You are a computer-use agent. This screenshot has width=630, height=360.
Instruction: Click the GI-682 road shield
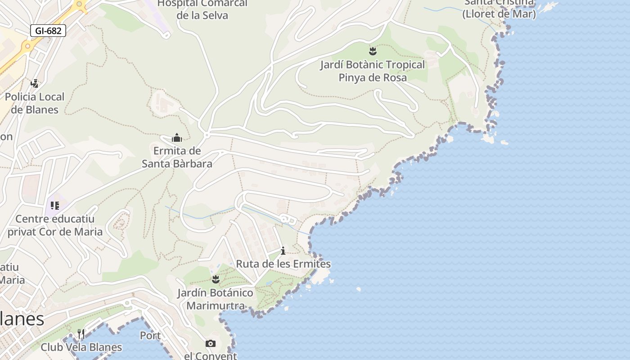coord(48,31)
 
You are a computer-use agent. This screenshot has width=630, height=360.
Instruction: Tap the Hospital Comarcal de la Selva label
coord(202,9)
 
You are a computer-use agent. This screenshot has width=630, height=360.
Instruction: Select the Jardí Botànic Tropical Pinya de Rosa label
coord(373,71)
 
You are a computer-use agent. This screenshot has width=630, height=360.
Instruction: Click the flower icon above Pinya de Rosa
coord(373,51)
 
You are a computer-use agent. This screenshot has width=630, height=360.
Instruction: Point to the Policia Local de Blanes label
coord(35,103)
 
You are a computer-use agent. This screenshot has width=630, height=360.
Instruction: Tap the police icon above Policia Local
coord(35,83)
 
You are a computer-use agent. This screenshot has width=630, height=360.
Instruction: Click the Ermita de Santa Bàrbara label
coord(177,157)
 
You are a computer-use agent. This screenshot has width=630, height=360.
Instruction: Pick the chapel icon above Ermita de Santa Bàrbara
coord(177,137)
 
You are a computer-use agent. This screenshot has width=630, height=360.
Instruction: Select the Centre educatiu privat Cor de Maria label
coord(55,225)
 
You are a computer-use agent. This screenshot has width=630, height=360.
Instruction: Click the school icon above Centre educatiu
coord(55,206)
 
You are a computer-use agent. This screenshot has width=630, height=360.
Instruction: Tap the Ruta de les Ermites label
coord(283,264)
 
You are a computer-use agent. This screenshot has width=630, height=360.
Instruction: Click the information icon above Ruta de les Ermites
coord(283,251)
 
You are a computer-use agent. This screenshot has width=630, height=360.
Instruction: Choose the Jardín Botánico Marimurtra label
coord(216,299)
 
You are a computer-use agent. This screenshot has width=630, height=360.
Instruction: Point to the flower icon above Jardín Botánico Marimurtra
coord(216,279)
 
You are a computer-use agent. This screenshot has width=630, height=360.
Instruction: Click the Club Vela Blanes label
coord(81,347)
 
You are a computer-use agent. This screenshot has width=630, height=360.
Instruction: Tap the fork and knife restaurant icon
coord(81,334)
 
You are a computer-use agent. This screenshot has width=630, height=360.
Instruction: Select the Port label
coord(150,336)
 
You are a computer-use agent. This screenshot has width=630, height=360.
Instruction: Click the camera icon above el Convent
coord(210,344)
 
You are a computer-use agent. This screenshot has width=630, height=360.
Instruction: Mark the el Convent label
coord(210,356)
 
